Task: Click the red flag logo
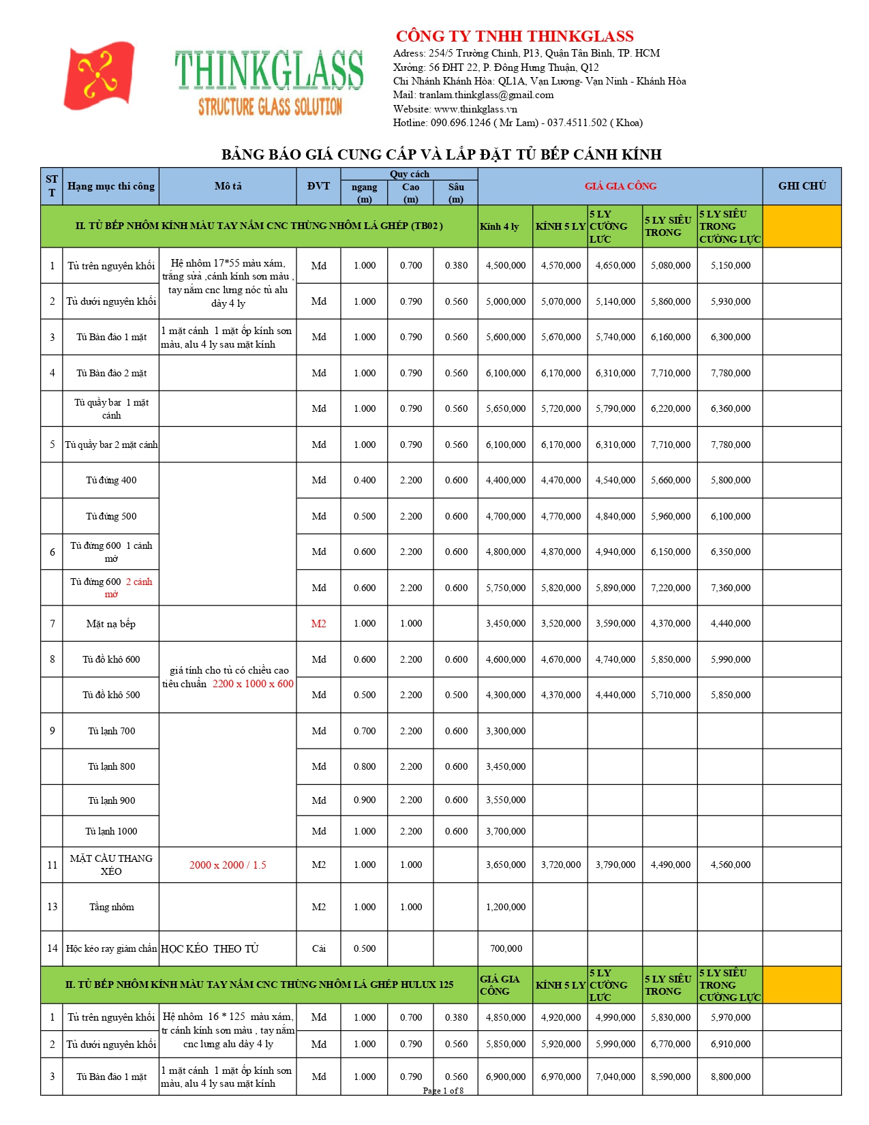(100, 75)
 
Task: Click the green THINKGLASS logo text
(269, 70)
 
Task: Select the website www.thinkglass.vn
(475, 109)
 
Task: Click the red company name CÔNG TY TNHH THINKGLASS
(515, 36)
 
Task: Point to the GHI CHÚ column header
(802, 185)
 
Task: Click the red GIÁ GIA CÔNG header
(620, 185)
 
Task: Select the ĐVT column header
(318, 185)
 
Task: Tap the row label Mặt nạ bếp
(111, 623)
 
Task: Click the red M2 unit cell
(318, 623)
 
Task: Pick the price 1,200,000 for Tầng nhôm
(506, 907)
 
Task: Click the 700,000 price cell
(506, 948)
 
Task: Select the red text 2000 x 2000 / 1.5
(228, 865)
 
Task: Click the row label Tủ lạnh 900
(111, 800)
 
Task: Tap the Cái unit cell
(318, 948)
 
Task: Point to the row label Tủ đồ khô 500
(111, 695)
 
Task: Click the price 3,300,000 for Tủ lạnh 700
(506, 731)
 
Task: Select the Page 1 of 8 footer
(443, 1090)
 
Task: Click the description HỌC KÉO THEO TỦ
(210, 948)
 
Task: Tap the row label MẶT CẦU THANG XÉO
(111, 865)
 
